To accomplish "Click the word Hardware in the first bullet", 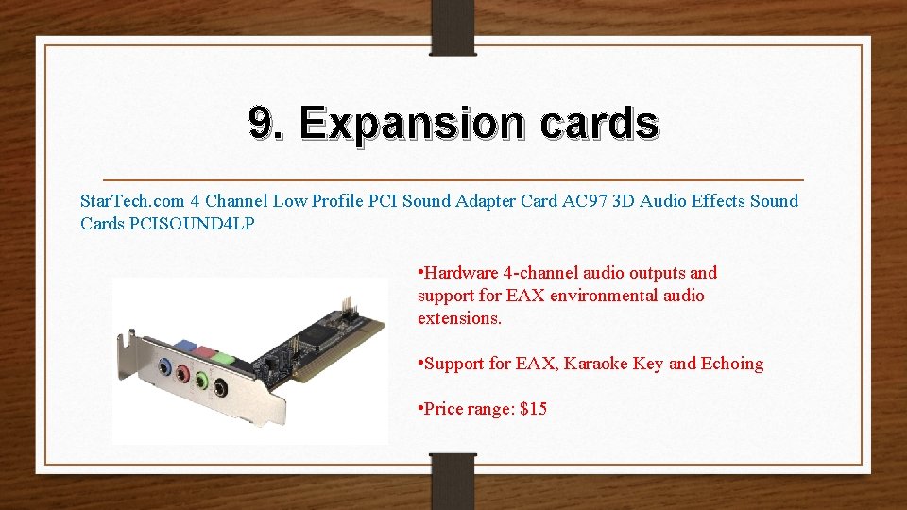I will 462,273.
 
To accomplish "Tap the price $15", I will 534,409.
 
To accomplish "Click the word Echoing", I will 732,364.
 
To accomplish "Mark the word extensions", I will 459,318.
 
